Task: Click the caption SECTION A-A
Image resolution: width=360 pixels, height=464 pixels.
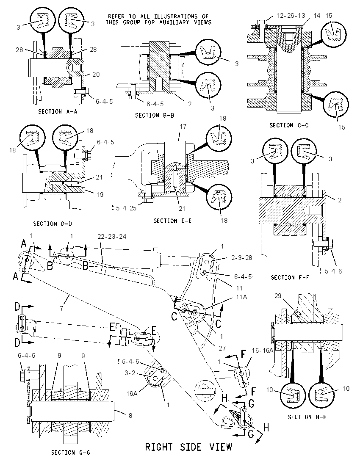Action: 58,112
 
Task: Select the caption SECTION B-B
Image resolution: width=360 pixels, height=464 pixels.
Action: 155,115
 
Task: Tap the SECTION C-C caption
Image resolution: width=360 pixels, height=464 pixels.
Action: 289,125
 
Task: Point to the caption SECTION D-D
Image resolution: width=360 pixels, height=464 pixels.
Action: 53,224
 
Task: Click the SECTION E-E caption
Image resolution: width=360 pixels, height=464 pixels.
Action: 172,221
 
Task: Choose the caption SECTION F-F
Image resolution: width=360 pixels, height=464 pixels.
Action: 290,278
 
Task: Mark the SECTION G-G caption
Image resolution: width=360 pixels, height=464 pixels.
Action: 71,453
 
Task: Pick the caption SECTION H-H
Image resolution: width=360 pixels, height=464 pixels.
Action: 307,417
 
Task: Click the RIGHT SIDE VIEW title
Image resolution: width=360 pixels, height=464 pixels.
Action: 188,447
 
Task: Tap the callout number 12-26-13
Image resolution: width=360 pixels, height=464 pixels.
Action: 291,15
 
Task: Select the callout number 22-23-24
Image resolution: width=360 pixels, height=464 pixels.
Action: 112,236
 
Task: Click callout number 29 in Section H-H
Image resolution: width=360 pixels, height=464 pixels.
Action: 278,296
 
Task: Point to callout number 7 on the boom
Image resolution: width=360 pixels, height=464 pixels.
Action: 61,308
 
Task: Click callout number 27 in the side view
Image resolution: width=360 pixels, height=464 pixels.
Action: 222,348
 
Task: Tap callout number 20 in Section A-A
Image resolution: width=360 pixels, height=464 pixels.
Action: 96,74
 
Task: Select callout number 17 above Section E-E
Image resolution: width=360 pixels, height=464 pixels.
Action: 183,126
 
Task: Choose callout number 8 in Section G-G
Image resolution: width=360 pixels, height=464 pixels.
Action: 130,415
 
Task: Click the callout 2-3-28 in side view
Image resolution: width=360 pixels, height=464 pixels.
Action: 242,258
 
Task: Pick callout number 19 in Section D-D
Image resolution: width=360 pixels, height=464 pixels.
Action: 100,194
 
